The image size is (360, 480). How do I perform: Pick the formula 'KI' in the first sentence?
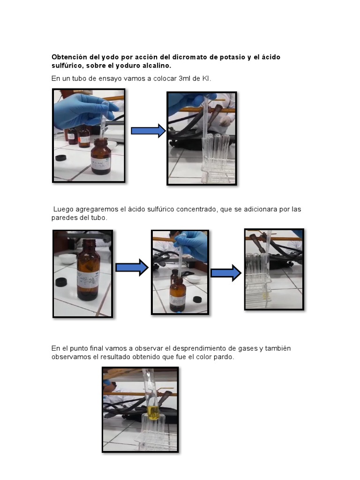pos(206,79)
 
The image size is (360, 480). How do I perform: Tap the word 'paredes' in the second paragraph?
pos(64,218)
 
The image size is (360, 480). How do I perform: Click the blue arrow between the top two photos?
pos(148,131)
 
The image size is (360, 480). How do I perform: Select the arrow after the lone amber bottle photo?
pos(131,268)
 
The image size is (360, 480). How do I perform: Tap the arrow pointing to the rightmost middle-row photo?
pos(225,273)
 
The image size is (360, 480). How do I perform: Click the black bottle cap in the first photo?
pos(61,157)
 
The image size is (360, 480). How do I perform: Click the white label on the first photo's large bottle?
pos(99,163)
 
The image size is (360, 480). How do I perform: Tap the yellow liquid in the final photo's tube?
pos(153,412)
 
